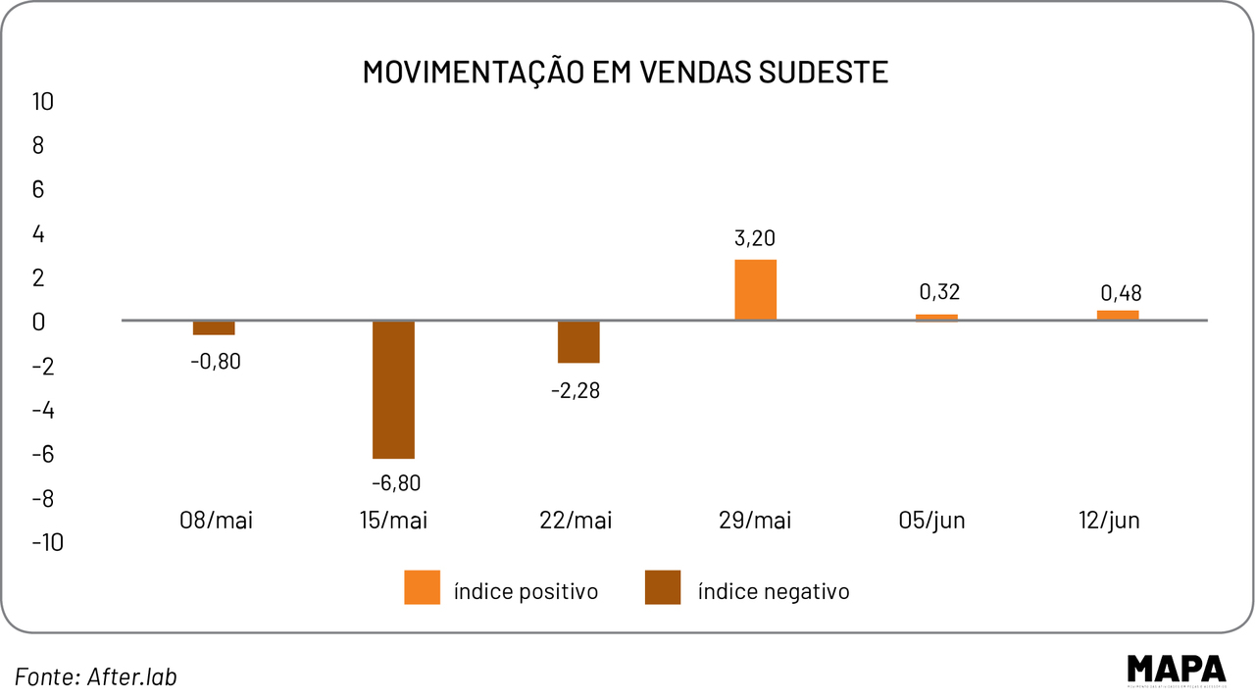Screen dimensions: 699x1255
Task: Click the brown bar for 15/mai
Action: click(393, 389)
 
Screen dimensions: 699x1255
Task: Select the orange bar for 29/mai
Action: click(755, 290)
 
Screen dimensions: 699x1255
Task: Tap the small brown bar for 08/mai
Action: click(214, 327)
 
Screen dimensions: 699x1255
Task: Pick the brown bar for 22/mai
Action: click(578, 342)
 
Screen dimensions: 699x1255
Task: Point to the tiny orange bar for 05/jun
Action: click(937, 317)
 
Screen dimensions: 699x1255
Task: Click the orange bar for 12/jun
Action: click(1118, 315)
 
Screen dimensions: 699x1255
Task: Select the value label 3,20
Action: click(755, 239)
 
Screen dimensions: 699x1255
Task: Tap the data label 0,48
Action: click(1121, 293)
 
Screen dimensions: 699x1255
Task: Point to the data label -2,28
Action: click(577, 390)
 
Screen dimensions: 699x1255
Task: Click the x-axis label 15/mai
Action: click(394, 521)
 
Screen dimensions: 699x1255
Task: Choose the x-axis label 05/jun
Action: click(931, 521)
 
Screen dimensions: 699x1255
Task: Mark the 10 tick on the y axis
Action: click(44, 101)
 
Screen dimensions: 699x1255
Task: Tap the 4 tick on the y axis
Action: click(39, 233)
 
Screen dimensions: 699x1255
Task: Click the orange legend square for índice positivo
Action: click(422, 587)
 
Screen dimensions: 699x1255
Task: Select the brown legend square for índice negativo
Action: click(662, 587)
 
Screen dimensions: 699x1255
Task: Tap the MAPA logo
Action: click(1176, 669)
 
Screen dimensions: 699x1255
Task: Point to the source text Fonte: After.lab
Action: click(96, 675)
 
